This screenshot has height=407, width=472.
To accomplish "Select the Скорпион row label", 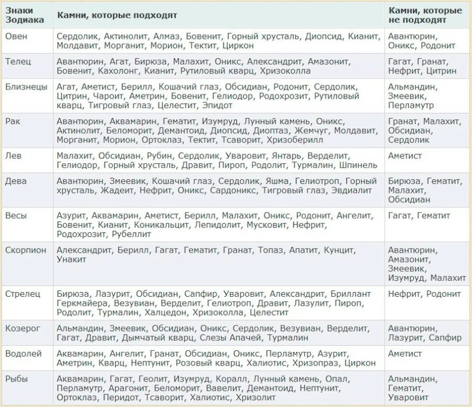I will point(25,250).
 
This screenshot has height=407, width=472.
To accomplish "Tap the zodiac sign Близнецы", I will point(26,87).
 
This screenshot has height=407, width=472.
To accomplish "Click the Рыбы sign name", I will point(17,379).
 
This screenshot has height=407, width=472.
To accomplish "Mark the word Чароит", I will point(108,96).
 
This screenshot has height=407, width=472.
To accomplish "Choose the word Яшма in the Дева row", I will point(276,181).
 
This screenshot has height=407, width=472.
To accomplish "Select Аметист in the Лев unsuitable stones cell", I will point(405,156).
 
